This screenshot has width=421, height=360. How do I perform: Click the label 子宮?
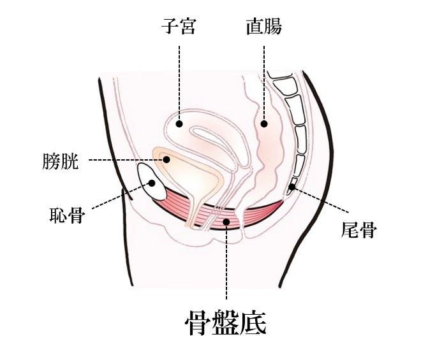(180, 27)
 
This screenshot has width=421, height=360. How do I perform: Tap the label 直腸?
(263, 27)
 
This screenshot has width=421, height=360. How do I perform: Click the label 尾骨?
(358, 229)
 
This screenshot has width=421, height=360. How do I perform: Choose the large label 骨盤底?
(225, 323)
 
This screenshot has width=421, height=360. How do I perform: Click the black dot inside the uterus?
(180, 124)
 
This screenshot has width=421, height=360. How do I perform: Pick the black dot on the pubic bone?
(153, 184)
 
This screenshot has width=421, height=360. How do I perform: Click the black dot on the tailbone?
(292, 187)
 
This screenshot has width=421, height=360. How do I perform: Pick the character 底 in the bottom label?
(253, 323)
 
